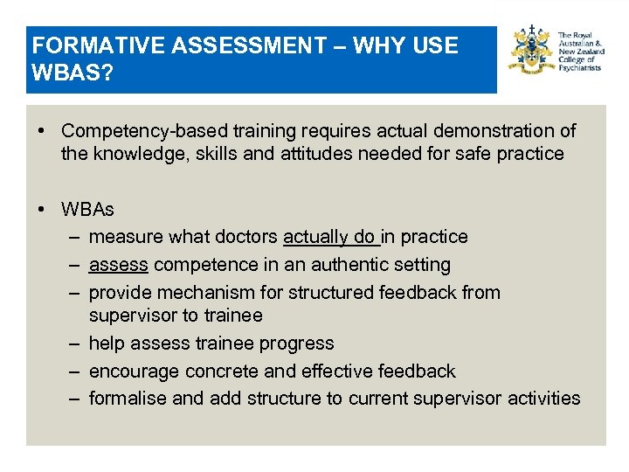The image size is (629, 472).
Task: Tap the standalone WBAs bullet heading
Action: (x=87, y=210)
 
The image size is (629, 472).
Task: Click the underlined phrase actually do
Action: (x=330, y=237)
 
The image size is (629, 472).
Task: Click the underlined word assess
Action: (x=118, y=264)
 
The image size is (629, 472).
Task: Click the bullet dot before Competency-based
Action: (x=42, y=131)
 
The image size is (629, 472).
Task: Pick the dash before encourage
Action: (x=73, y=371)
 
